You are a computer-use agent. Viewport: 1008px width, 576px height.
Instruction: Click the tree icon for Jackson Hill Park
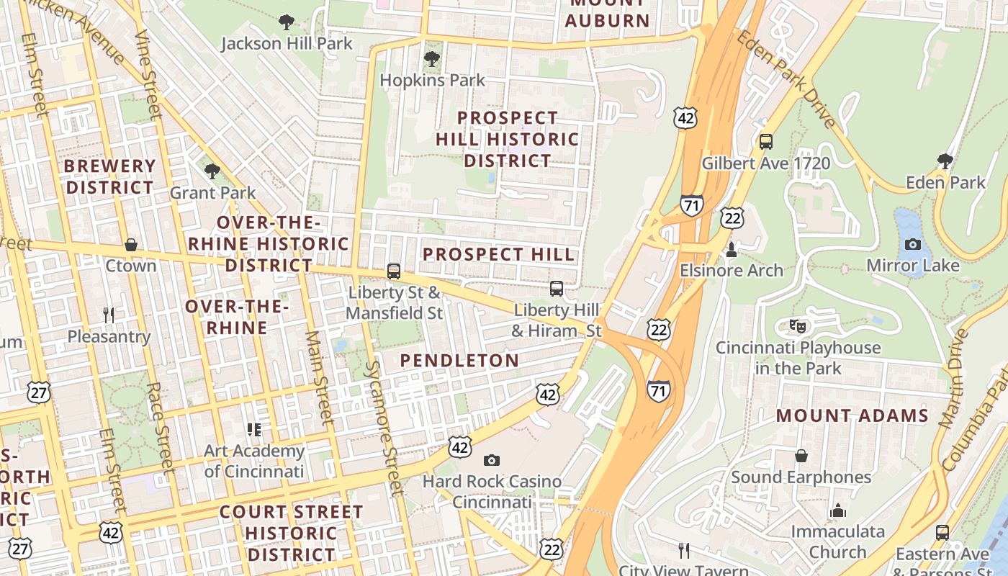(x=287, y=22)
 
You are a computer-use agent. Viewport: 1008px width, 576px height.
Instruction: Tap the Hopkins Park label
(x=432, y=80)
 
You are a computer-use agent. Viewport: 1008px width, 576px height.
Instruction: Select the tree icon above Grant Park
(x=212, y=171)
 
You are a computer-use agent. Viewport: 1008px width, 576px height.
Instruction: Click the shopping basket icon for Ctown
(x=130, y=245)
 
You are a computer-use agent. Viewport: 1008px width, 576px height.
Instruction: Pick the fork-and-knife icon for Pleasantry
(x=109, y=315)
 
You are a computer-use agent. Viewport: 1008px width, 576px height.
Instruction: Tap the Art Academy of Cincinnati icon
(x=253, y=430)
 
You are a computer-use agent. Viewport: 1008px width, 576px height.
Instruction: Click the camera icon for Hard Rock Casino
(x=492, y=460)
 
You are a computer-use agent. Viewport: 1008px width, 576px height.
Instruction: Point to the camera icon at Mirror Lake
(x=912, y=244)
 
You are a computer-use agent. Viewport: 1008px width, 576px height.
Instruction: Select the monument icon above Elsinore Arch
(x=732, y=250)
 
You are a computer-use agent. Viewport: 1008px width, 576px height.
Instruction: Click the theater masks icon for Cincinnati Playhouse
(x=797, y=326)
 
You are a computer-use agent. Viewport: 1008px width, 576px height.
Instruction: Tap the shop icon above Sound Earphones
(x=801, y=456)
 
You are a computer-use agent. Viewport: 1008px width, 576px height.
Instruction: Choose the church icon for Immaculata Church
(x=837, y=510)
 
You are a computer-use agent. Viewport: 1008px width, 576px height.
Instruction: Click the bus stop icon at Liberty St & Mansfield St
(x=393, y=271)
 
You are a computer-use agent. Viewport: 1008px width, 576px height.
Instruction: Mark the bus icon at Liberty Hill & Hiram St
(x=556, y=289)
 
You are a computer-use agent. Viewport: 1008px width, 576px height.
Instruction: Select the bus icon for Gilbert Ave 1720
(x=765, y=142)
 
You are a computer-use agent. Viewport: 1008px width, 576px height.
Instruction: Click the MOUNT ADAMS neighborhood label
(x=852, y=415)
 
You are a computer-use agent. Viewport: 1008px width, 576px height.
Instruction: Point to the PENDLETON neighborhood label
(x=459, y=361)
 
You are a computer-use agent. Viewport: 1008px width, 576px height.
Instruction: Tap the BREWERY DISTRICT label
(x=109, y=176)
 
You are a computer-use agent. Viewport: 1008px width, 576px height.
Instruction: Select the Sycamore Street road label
(x=382, y=428)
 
